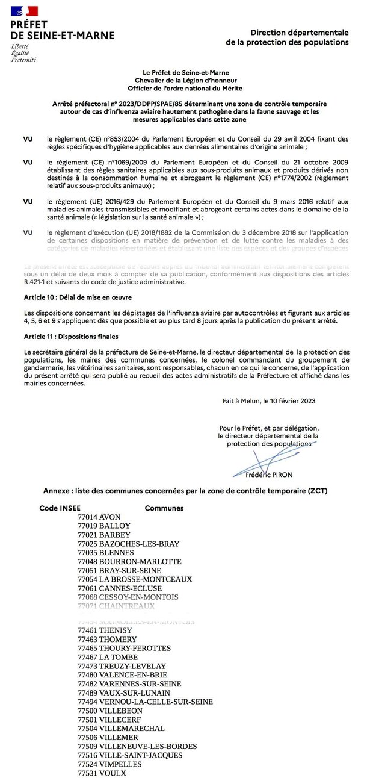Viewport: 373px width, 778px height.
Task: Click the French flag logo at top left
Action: click(25, 11)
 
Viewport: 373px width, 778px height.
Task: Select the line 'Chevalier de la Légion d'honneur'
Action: click(186, 81)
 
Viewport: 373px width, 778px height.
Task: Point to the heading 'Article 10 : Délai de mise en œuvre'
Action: click(78, 298)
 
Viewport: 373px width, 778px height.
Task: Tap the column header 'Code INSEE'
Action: click(60, 508)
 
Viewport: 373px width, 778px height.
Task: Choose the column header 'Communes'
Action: click(164, 508)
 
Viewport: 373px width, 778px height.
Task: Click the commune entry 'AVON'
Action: click(110, 517)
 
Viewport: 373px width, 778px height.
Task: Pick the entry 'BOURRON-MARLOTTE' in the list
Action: click(140, 562)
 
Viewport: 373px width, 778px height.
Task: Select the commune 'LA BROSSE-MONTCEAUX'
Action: click(146, 579)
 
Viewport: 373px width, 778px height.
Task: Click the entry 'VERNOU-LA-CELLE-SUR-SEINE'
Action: click(156, 702)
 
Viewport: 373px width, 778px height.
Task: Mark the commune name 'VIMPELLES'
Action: click(120, 764)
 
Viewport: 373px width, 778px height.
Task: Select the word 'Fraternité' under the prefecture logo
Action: click(23, 60)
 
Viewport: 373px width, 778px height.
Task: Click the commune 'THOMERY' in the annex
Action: click(118, 640)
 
